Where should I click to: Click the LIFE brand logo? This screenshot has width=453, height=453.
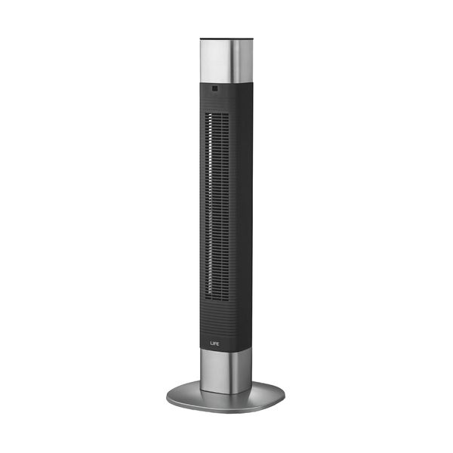[214, 344]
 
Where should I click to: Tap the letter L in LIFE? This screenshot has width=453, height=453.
[211, 344]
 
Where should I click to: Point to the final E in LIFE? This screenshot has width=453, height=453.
[218, 344]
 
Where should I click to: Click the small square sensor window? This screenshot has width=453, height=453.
[214, 88]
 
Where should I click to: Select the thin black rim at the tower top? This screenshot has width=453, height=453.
[226, 39]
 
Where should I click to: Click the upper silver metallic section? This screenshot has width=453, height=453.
[226, 61]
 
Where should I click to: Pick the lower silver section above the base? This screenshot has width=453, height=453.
[226, 370]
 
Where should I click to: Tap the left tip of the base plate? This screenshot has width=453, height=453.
[167, 396]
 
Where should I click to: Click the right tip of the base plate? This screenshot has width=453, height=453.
[285, 396]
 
